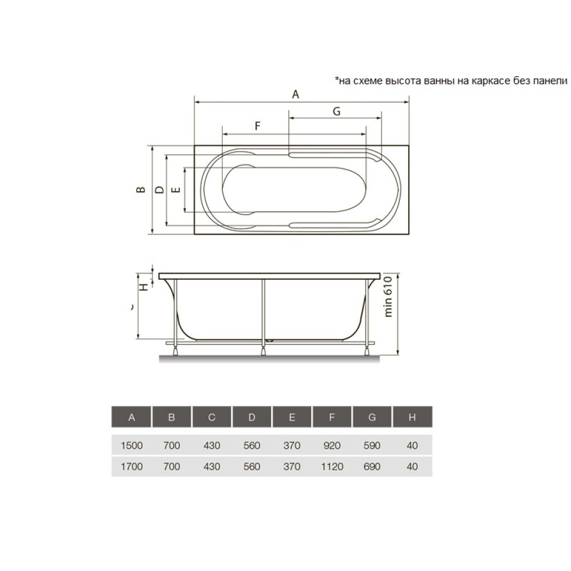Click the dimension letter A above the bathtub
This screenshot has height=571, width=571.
click(x=296, y=94)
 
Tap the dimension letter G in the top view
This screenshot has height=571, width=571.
click(x=336, y=111)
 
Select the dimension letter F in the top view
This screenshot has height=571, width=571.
click(x=258, y=126)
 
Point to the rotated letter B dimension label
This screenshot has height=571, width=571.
click(x=141, y=190)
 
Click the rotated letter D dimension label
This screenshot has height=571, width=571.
click(x=159, y=190)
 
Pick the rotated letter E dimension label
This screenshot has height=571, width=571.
click(x=176, y=190)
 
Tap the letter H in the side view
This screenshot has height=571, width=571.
click(x=144, y=287)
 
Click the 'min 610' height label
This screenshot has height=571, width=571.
click(x=388, y=296)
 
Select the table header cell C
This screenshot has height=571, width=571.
click(x=212, y=417)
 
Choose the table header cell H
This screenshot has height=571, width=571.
click(x=412, y=417)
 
